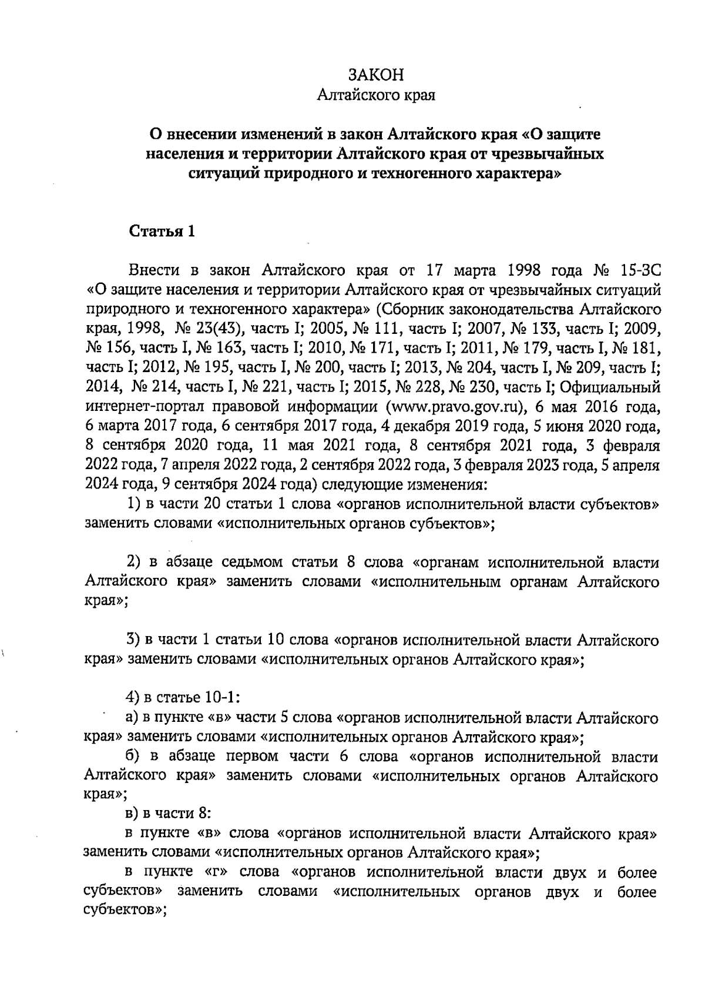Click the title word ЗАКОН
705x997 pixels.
(x=376, y=75)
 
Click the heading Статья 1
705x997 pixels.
(x=162, y=231)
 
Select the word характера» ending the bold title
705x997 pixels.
(x=518, y=174)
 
